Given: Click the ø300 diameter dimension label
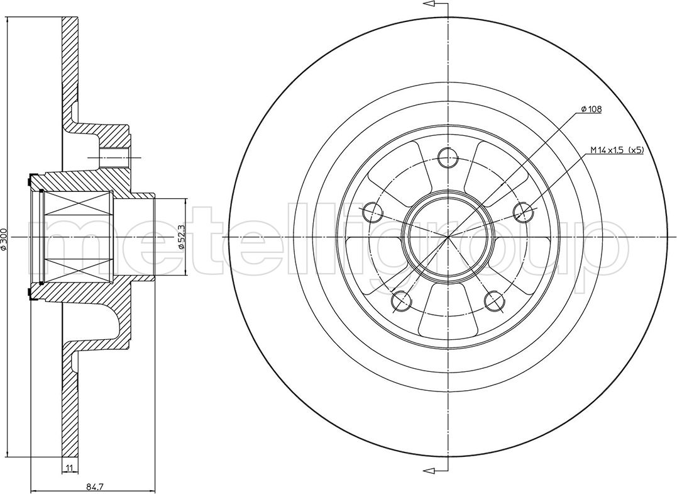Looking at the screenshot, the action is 4,239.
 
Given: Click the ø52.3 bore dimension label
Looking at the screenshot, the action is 181,236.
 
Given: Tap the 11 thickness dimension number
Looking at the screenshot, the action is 69,468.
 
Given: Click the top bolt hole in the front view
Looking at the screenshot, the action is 448,157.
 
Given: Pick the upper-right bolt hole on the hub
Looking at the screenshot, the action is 523,212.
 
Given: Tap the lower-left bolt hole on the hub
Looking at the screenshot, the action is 401,301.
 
